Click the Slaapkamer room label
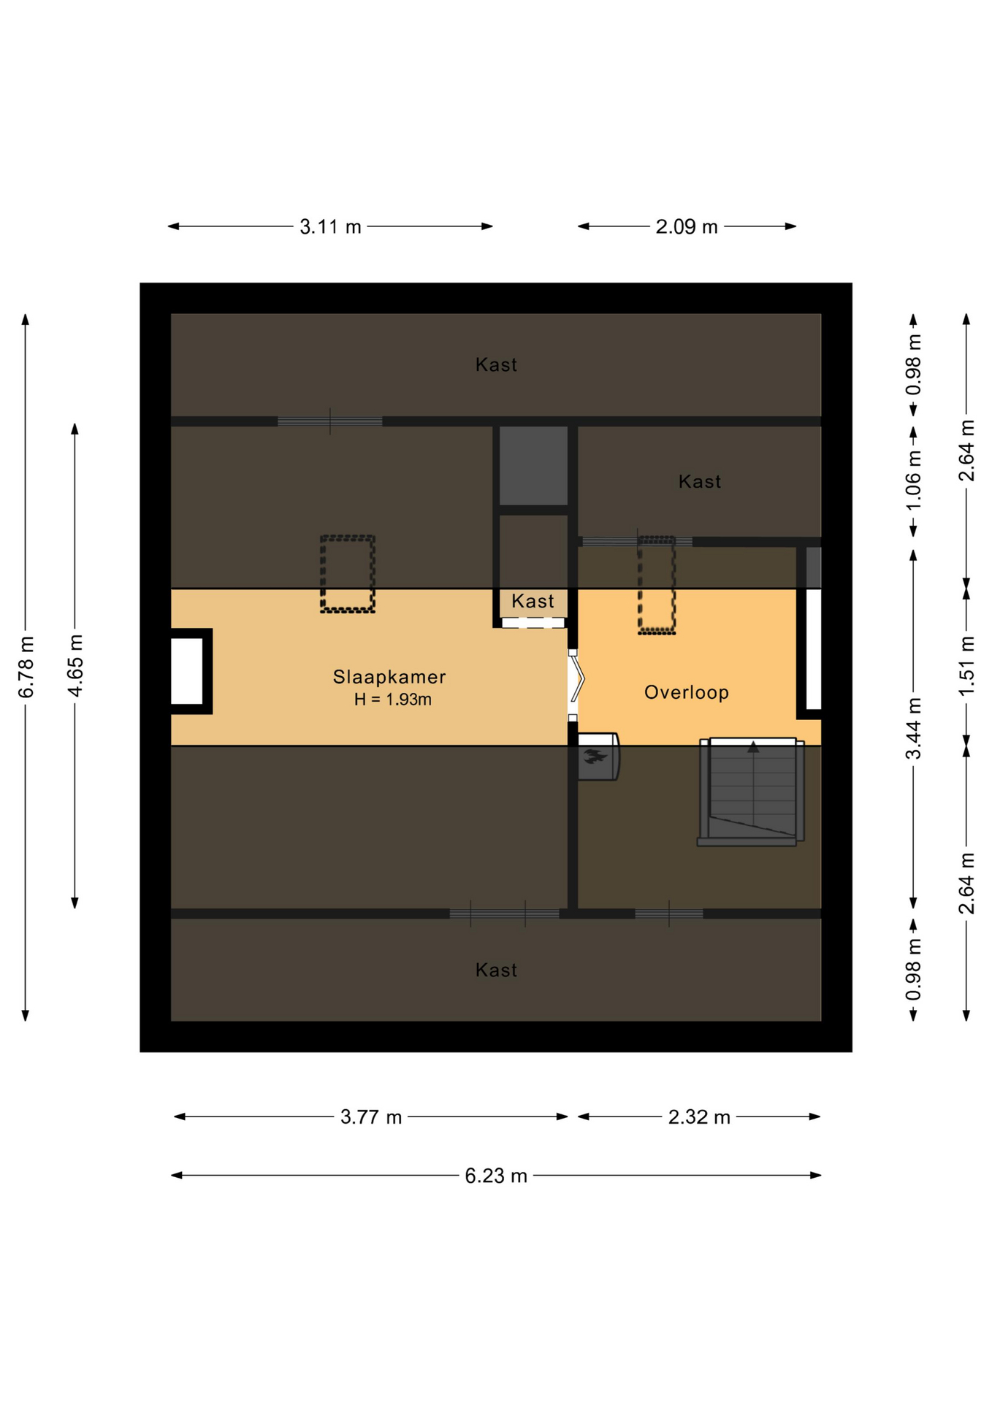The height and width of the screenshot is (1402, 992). point(389,677)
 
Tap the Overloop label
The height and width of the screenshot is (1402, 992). point(686,692)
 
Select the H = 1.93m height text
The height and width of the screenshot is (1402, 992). point(392,700)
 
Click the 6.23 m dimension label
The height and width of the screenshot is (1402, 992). point(496,1176)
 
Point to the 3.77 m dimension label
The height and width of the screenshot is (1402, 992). point(371,1117)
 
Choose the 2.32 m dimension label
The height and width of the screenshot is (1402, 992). point(699,1117)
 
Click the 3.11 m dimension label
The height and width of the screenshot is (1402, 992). point(330,227)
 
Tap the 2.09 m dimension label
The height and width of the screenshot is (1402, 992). point(687,227)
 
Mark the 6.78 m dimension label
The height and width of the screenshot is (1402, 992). point(26,667)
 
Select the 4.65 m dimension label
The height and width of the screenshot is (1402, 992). point(75,666)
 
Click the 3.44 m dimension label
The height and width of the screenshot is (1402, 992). point(914,729)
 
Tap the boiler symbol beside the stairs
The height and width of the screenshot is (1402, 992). point(598,756)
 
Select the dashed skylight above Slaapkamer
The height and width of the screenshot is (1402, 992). point(348,574)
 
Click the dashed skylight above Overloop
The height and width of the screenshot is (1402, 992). point(657,585)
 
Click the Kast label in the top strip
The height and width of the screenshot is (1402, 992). point(496,365)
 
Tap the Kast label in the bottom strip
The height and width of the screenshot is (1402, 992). point(496,970)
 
